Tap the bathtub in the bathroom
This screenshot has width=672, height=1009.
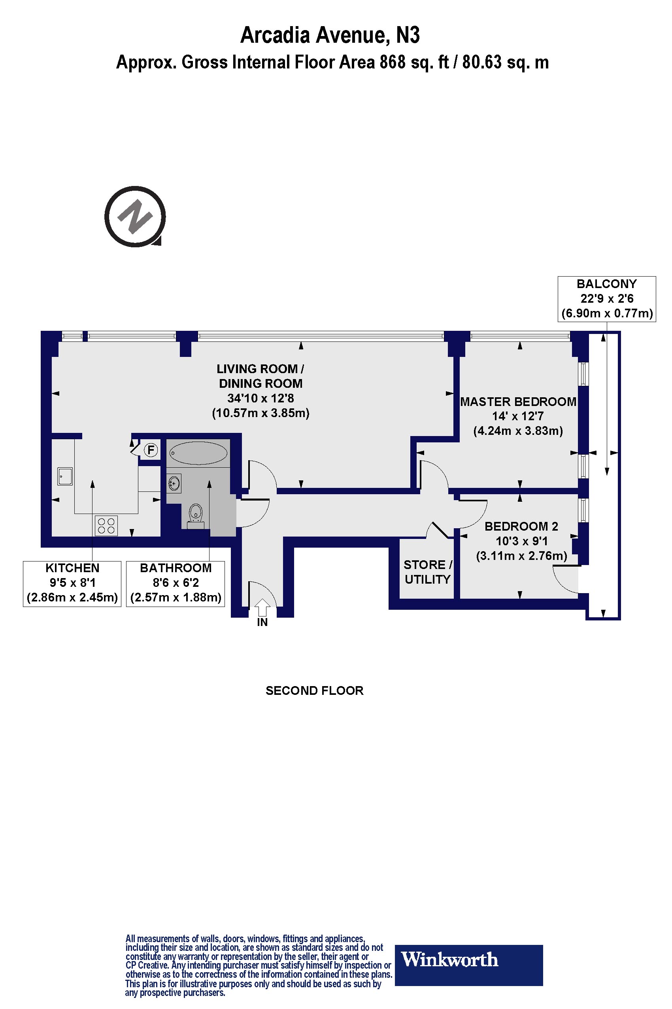pyautogui.click(x=198, y=453)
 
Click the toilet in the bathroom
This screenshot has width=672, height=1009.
pyautogui.click(x=195, y=513)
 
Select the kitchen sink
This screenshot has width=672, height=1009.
pyautogui.click(x=65, y=476)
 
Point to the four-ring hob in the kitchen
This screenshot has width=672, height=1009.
pyautogui.click(x=106, y=525)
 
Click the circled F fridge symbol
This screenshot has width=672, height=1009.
pyautogui.click(x=151, y=450)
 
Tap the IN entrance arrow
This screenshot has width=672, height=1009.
pyautogui.click(x=262, y=608)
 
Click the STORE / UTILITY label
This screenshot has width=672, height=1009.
pyautogui.click(x=427, y=572)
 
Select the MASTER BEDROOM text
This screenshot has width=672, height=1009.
pyautogui.click(x=518, y=402)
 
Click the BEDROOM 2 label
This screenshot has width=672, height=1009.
pyautogui.click(x=521, y=526)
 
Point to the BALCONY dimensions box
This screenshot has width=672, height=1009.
pyautogui.click(x=606, y=299)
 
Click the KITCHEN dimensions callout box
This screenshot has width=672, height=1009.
pyautogui.click(x=72, y=583)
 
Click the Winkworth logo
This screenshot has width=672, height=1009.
pyautogui.click(x=468, y=960)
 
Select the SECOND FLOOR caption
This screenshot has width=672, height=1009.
pyautogui.click(x=314, y=691)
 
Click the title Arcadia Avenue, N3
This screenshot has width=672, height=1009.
pyautogui.click(x=330, y=35)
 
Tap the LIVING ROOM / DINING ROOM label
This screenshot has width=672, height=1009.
pyautogui.click(x=260, y=376)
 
